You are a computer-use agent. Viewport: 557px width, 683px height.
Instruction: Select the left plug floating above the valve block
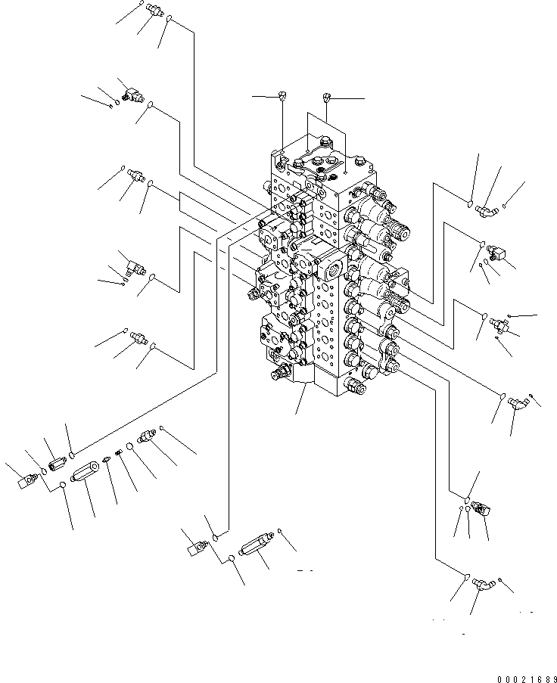click(x=282, y=95)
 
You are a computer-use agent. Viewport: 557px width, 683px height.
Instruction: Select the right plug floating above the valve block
click(x=327, y=97)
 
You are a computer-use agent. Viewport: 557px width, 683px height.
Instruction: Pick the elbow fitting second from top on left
click(x=130, y=92)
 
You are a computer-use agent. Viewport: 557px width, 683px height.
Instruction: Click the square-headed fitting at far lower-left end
click(x=30, y=479)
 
